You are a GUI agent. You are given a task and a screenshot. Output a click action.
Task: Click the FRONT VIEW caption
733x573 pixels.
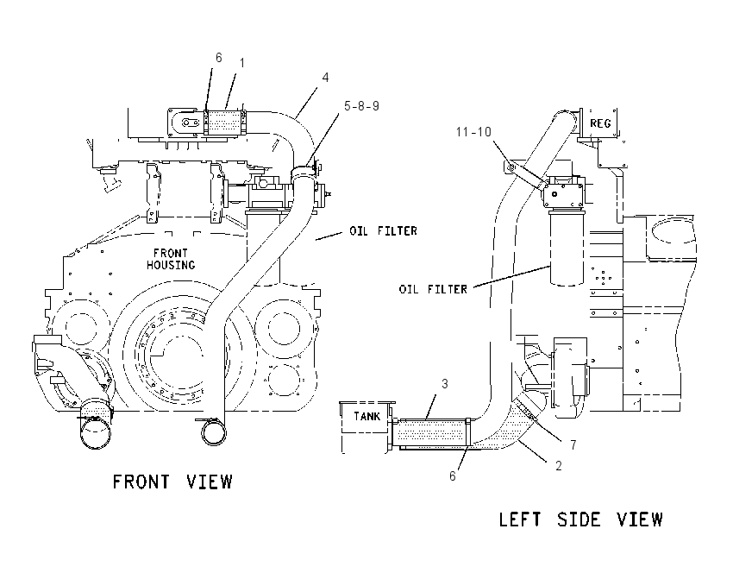(172, 482)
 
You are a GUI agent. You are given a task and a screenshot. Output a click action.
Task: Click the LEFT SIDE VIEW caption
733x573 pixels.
(580, 519)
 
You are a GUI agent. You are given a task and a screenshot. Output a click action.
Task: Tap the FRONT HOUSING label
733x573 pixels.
(171, 259)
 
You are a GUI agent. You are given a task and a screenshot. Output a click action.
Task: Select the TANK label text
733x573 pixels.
(367, 416)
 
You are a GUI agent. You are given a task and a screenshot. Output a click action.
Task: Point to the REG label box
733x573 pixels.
(600, 123)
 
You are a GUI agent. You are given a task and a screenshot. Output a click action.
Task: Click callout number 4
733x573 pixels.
(325, 77)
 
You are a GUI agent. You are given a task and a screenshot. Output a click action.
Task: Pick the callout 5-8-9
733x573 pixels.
(362, 106)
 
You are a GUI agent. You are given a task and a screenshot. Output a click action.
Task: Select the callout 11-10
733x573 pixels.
(473, 132)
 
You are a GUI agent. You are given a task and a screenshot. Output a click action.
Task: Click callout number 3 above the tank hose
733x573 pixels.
(445, 384)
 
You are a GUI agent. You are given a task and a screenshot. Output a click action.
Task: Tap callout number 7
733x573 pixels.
(573, 444)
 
